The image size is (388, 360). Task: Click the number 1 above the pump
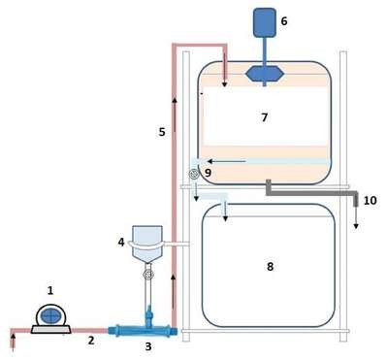pos(50,290)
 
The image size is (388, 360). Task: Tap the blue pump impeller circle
pos(51,315)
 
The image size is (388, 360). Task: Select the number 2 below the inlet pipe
pos(91,341)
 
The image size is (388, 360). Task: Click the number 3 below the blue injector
pos(148,346)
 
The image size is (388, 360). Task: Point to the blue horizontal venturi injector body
pos(140,331)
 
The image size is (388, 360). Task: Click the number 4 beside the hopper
pos(121,242)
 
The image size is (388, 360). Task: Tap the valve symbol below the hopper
pos(148,275)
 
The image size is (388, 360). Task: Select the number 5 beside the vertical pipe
pos(162,132)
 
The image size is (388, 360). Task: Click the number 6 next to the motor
pos(284,21)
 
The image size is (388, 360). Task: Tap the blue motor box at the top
pos(264,22)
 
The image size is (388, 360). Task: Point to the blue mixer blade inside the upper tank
pos(265,74)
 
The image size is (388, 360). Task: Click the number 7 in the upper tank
pos(265,117)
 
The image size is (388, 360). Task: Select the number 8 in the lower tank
pos(270,266)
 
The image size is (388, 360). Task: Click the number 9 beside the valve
pos(208,173)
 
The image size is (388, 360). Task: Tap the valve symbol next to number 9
pos(194,175)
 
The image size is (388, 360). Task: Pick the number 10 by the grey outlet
pos(371,201)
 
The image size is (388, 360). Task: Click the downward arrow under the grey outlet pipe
pos(356,218)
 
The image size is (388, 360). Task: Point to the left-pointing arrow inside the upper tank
pos(227,161)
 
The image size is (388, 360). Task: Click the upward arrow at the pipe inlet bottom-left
pos(13,342)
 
